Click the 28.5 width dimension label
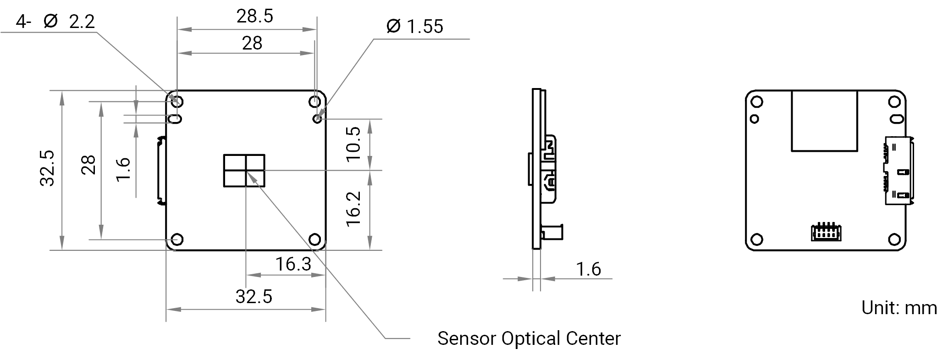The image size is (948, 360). (x=255, y=16)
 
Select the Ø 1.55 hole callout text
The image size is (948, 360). (x=415, y=27)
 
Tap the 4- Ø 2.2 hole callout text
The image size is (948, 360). (x=55, y=22)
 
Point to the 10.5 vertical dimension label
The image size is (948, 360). (x=354, y=144)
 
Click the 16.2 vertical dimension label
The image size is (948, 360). (x=354, y=209)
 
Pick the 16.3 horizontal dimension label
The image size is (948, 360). (x=293, y=264)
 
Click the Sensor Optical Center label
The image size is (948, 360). (x=529, y=338)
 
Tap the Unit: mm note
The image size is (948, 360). (x=899, y=308)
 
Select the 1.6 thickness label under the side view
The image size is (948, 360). (x=588, y=269)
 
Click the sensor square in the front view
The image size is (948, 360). (x=244, y=171)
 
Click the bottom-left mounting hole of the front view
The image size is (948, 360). (x=176, y=239)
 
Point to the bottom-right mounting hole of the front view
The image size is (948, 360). (x=314, y=239)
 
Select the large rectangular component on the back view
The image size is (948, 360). (x=824, y=121)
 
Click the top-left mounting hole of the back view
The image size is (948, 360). (x=757, y=101)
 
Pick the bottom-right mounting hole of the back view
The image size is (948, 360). (x=894, y=239)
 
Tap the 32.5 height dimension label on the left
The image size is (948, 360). (x=48, y=168)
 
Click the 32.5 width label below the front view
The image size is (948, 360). (x=254, y=297)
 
